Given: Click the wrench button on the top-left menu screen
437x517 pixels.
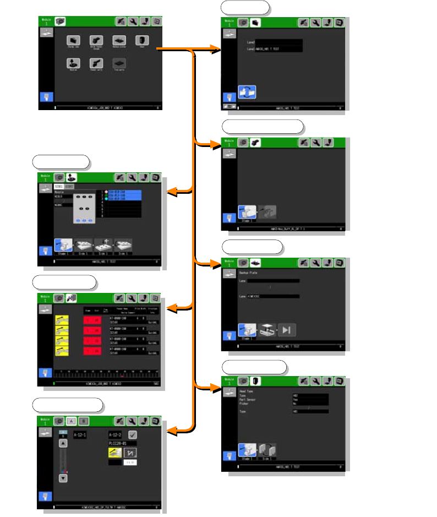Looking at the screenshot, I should coord(132,21).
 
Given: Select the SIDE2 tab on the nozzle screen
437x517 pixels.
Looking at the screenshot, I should coord(70,187).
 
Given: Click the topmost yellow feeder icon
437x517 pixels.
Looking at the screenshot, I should coord(62,320).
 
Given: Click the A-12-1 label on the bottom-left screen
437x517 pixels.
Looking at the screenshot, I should coord(81,434).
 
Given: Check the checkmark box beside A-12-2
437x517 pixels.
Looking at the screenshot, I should coord(133,434).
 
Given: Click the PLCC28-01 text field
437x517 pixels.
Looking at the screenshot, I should coord(122,443).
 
